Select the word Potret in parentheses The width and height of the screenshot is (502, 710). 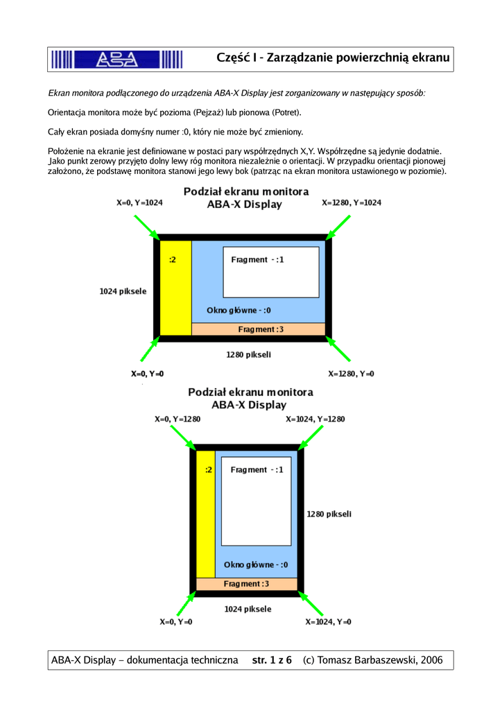tap(285, 112)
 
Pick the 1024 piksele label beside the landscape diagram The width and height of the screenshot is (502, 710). tap(123, 291)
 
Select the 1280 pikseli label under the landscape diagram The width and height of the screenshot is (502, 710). tap(248, 354)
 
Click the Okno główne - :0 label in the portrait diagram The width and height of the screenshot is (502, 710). tap(255, 564)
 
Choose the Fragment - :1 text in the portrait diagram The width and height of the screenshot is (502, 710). tap(257, 469)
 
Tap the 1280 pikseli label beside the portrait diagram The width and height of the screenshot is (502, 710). tap(329, 514)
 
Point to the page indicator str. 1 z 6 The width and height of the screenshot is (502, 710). tap(272, 659)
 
